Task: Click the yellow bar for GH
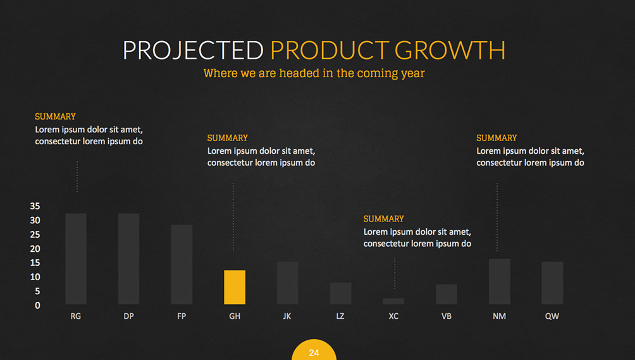click(x=235, y=287)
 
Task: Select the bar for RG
click(x=76, y=259)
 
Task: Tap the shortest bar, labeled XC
click(x=393, y=301)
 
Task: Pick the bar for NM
click(x=499, y=282)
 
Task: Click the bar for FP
click(x=182, y=264)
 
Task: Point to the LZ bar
click(x=340, y=294)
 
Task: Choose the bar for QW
click(x=552, y=283)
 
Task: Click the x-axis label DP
click(x=129, y=316)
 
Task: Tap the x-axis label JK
click(x=287, y=316)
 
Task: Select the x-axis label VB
click(x=447, y=316)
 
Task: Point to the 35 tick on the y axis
click(x=35, y=206)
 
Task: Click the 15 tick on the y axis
click(x=35, y=263)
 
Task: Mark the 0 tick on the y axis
click(x=38, y=306)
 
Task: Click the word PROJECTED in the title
click(x=193, y=50)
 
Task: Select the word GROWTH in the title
click(x=450, y=50)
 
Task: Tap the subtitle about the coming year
click(x=314, y=73)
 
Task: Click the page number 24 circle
click(x=314, y=351)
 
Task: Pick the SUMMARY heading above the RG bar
click(x=55, y=116)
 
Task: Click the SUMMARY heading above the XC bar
click(x=383, y=219)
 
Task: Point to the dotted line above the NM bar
click(x=497, y=217)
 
